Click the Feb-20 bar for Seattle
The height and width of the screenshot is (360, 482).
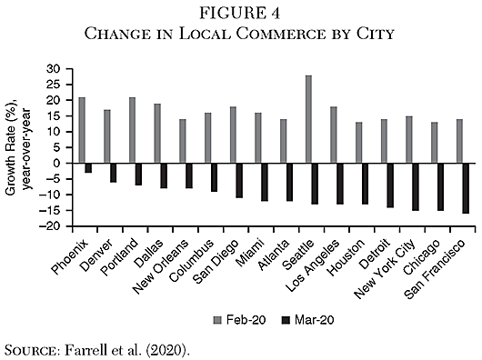309,119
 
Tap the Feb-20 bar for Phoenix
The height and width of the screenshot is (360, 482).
82,130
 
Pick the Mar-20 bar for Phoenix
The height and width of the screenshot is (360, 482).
88,167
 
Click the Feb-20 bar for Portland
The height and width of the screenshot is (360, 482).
133,130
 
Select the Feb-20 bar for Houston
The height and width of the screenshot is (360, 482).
359,143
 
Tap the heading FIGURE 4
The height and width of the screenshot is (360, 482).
239,14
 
